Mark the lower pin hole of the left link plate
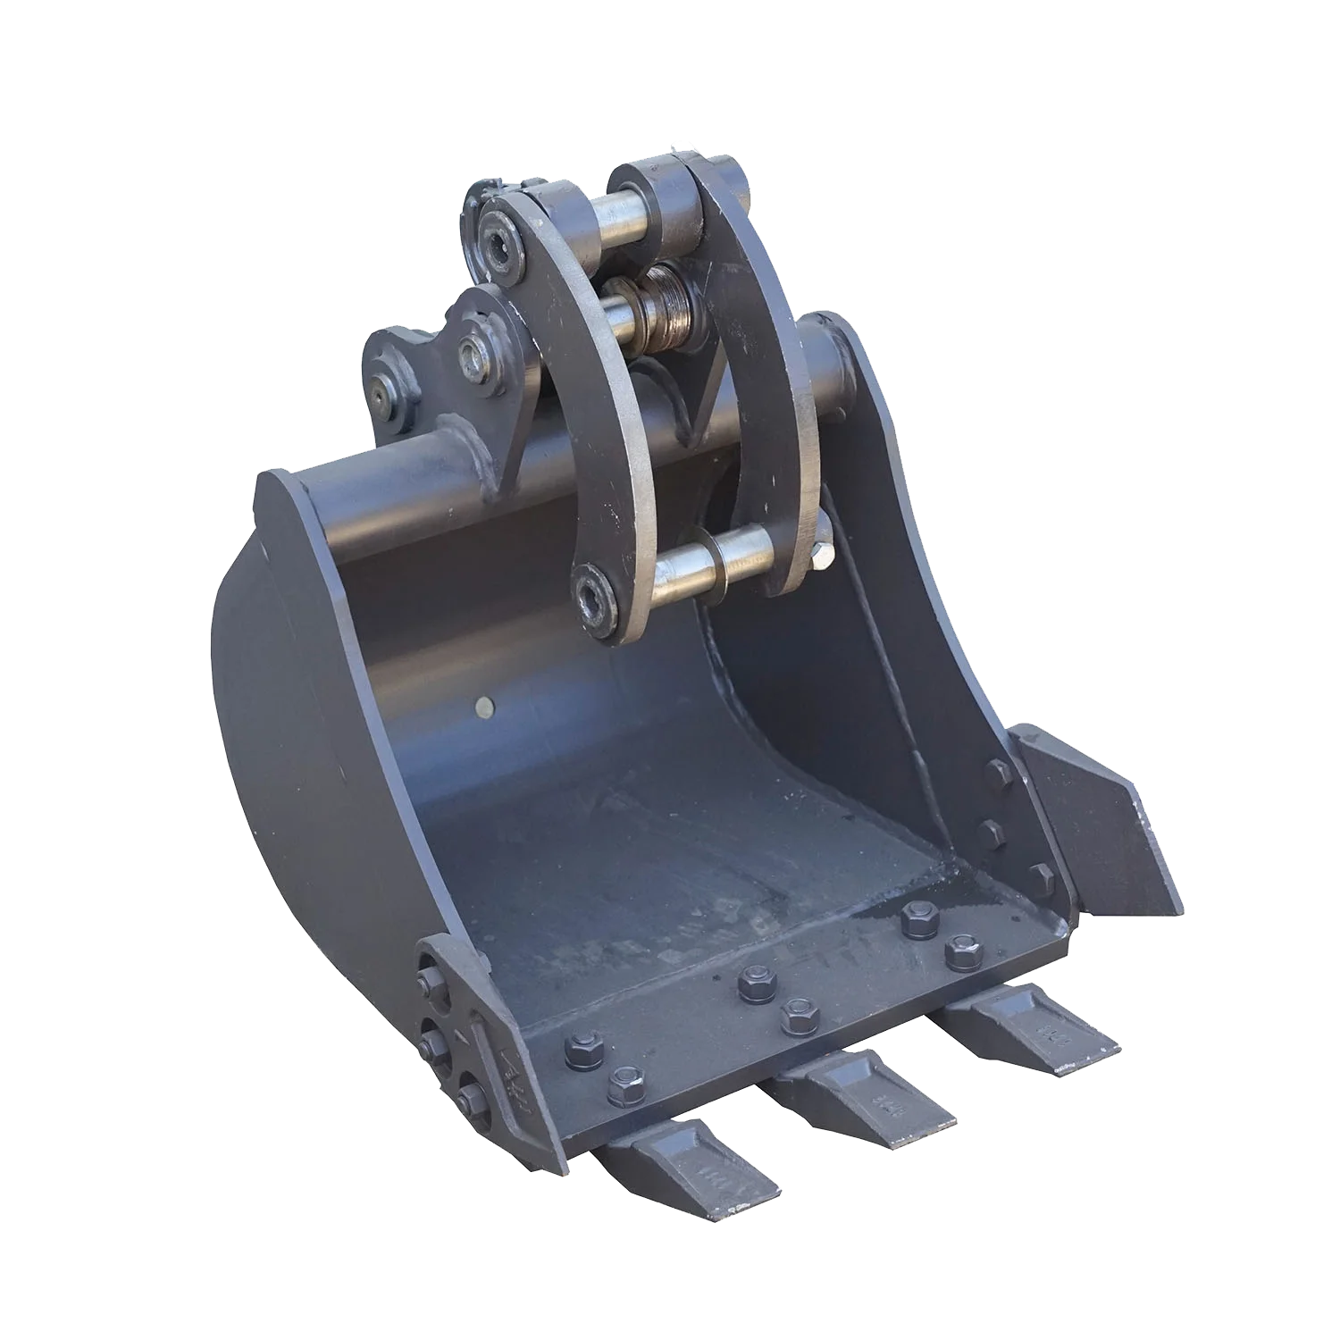pyautogui.click(x=594, y=594)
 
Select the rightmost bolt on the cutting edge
pyautogui.click(x=963, y=952)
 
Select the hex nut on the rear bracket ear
pyautogui.click(x=471, y=351)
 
